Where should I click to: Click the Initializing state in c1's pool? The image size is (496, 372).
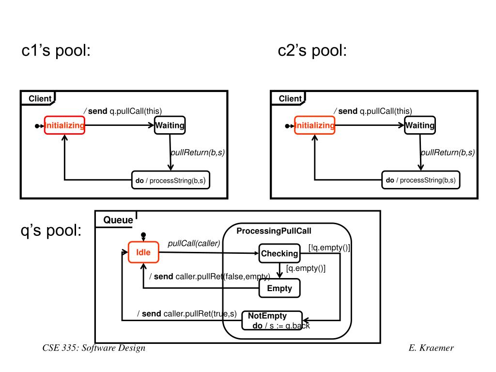tap(64, 125)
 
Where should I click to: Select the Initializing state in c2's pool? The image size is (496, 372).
tap(314, 125)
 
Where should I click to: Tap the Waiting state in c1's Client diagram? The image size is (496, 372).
tap(170, 125)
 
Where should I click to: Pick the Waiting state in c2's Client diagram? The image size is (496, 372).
tap(420, 125)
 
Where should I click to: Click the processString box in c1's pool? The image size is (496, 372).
tap(170, 180)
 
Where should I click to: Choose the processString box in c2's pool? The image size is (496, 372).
tap(421, 180)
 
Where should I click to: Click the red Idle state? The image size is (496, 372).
tap(143, 252)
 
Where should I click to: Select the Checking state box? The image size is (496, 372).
tap(279, 253)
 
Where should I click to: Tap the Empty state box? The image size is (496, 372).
tap(279, 288)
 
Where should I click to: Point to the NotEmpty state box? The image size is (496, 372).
tap(272, 321)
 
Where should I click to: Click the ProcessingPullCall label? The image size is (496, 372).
tap(274, 231)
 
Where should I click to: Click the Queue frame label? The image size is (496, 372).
tap(118, 220)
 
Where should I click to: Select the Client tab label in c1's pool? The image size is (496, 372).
tap(40, 99)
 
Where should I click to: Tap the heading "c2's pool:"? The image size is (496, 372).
tap(312, 50)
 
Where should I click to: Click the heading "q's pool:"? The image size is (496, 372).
tap(51, 230)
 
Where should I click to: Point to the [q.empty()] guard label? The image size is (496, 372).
tap(306, 268)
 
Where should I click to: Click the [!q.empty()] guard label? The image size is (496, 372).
tap(329, 248)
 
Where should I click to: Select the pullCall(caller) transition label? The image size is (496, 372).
tap(194, 243)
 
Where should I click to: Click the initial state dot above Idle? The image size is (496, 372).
tap(143, 235)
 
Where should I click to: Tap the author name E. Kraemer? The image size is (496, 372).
tap(431, 348)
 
